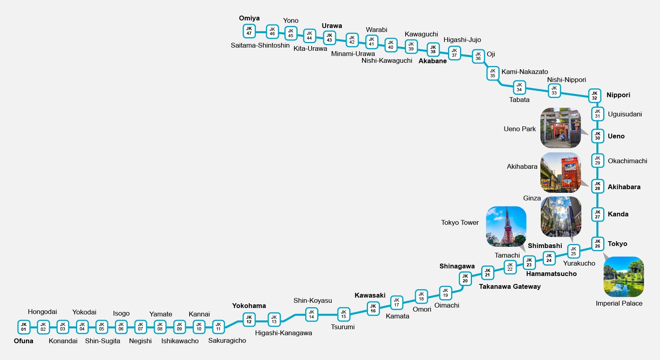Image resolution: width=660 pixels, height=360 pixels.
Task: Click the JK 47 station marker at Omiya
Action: click(249, 31)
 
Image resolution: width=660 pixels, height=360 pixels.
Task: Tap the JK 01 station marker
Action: click(24, 327)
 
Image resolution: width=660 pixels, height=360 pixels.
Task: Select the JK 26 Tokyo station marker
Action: click(597, 244)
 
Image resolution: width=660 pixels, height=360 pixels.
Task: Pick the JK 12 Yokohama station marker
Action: click(249, 320)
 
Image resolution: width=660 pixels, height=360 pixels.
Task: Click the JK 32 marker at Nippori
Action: click(594, 96)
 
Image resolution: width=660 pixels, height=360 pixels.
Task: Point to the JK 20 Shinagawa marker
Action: click(465, 278)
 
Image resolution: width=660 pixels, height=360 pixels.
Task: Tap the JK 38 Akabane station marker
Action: click(433, 50)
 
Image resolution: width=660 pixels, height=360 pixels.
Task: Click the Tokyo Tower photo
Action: click(506, 226)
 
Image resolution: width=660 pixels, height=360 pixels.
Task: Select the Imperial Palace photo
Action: click(624, 277)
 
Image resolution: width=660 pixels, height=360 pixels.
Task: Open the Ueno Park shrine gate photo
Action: click(560, 128)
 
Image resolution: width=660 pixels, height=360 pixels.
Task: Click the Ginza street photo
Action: click(561, 216)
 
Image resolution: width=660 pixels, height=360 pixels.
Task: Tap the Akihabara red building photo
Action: click(560, 172)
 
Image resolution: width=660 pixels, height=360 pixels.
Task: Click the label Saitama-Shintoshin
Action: click(260, 45)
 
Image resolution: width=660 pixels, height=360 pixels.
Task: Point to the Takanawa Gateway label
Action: click(510, 286)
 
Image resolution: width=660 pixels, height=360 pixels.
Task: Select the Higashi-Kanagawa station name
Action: click(284, 333)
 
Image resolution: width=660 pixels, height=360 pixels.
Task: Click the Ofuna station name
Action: click(24, 341)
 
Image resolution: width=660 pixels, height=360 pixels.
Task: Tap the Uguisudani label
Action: click(625, 114)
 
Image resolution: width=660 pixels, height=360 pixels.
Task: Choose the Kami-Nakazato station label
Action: click(525, 72)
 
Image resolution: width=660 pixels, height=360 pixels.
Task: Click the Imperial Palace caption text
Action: click(619, 304)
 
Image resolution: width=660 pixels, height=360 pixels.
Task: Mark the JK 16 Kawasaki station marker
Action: click(373, 308)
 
